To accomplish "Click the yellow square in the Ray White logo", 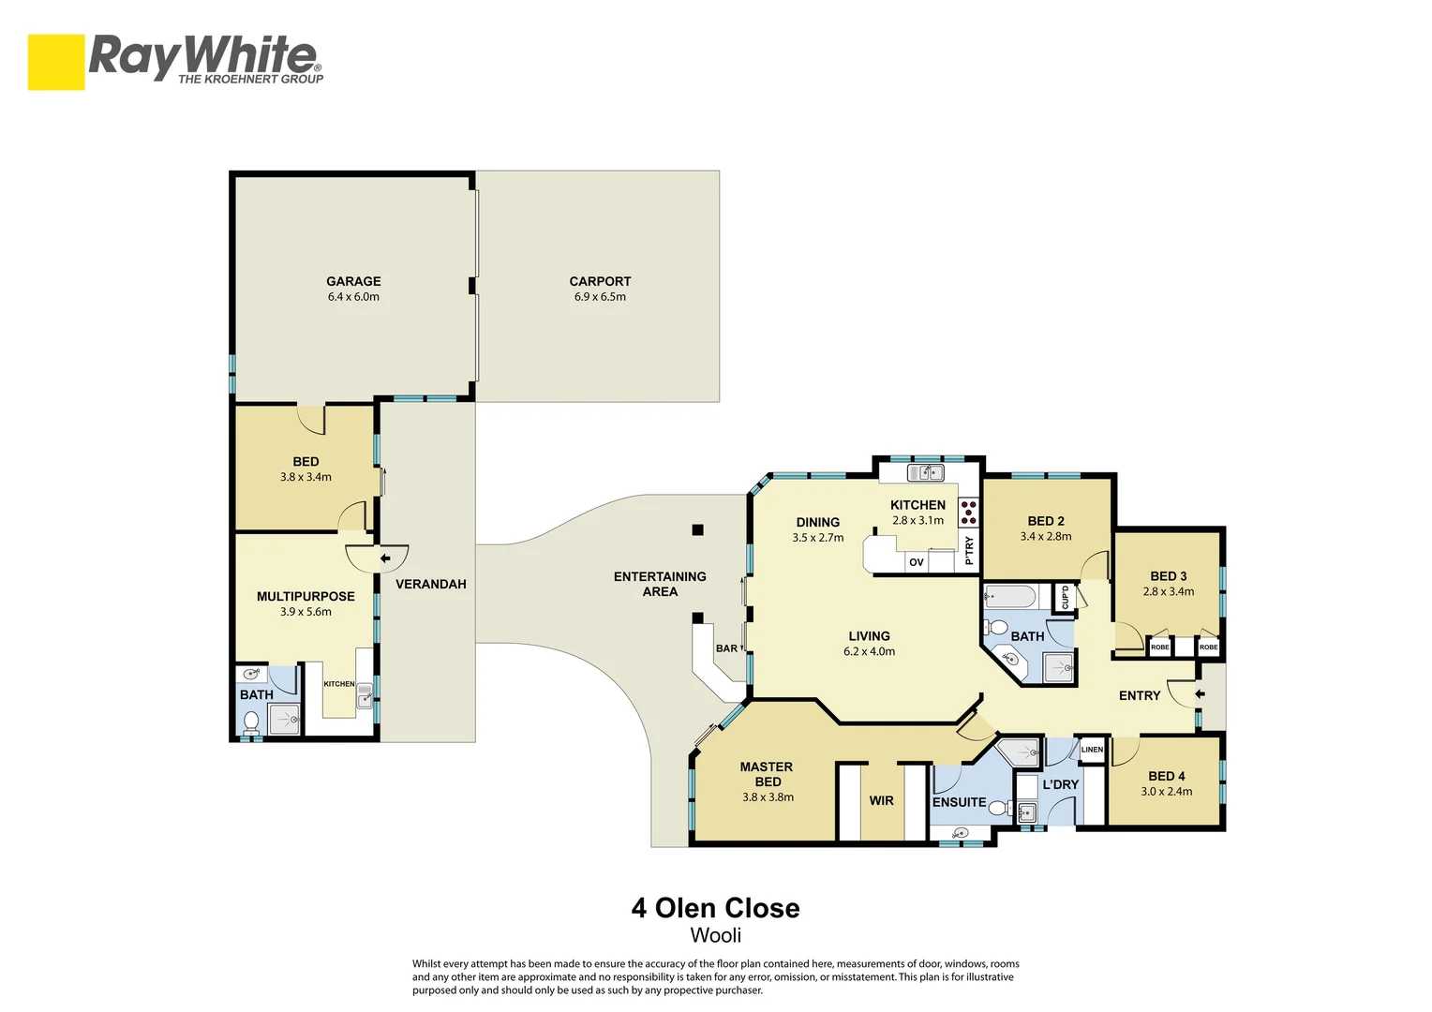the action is (x=56, y=62).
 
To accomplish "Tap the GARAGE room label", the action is (x=353, y=281).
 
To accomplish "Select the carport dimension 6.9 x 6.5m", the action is (x=600, y=297).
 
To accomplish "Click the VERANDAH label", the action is (x=431, y=584).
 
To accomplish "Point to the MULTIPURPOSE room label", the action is (x=306, y=597).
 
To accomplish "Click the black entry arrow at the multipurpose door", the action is (x=385, y=558).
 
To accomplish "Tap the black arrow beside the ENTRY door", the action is (x=1200, y=694).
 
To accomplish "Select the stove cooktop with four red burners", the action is (x=968, y=512).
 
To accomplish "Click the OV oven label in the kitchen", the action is (x=917, y=562).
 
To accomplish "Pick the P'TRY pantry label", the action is (x=969, y=550).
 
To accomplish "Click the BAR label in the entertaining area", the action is (x=726, y=648).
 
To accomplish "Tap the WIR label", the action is (x=881, y=800).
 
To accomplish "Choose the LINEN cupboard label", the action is (x=1092, y=750).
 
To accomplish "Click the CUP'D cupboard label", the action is (x=1065, y=597).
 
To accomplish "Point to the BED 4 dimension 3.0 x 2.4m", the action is (x=1166, y=792).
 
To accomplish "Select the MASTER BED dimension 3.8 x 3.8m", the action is (x=768, y=797).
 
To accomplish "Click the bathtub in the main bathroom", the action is (x=1010, y=597).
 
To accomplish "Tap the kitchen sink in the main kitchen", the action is (x=926, y=473).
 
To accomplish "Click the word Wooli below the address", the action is (x=715, y=935).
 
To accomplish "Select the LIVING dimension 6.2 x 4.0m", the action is (x=869, y=651).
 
